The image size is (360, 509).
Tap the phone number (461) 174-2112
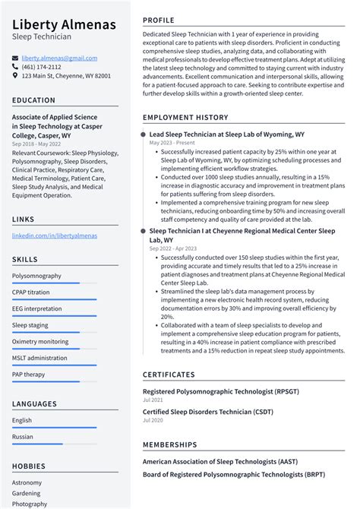coord(41,67)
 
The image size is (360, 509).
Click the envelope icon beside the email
coord(15,58)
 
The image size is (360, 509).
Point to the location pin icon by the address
coord(15,76)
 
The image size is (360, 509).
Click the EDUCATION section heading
coord(33,100)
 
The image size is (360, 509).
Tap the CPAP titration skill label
coord(31,292)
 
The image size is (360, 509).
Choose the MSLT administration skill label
coord(39,358)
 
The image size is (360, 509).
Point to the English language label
coord(22,420)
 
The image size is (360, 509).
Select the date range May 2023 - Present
coord(171,143)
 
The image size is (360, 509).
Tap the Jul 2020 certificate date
coord(153,420)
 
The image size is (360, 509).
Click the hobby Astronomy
coord(27,482)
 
